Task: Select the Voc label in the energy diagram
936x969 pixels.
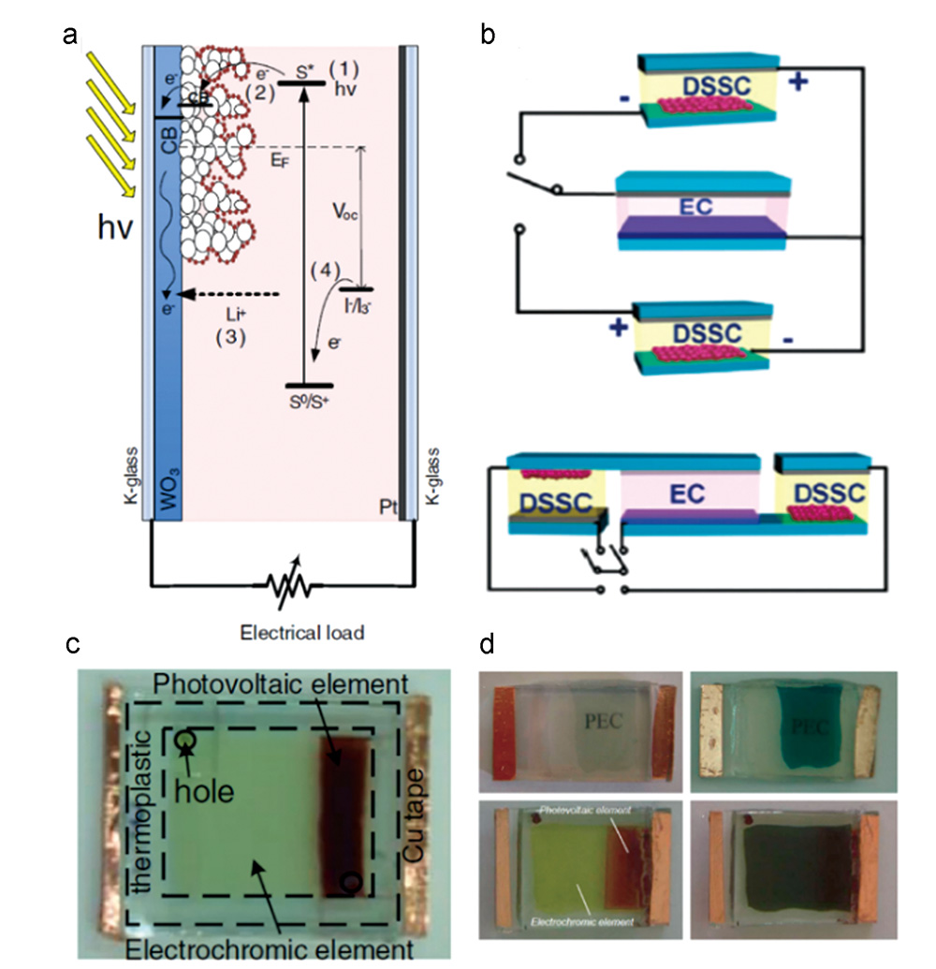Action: point(348,213)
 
